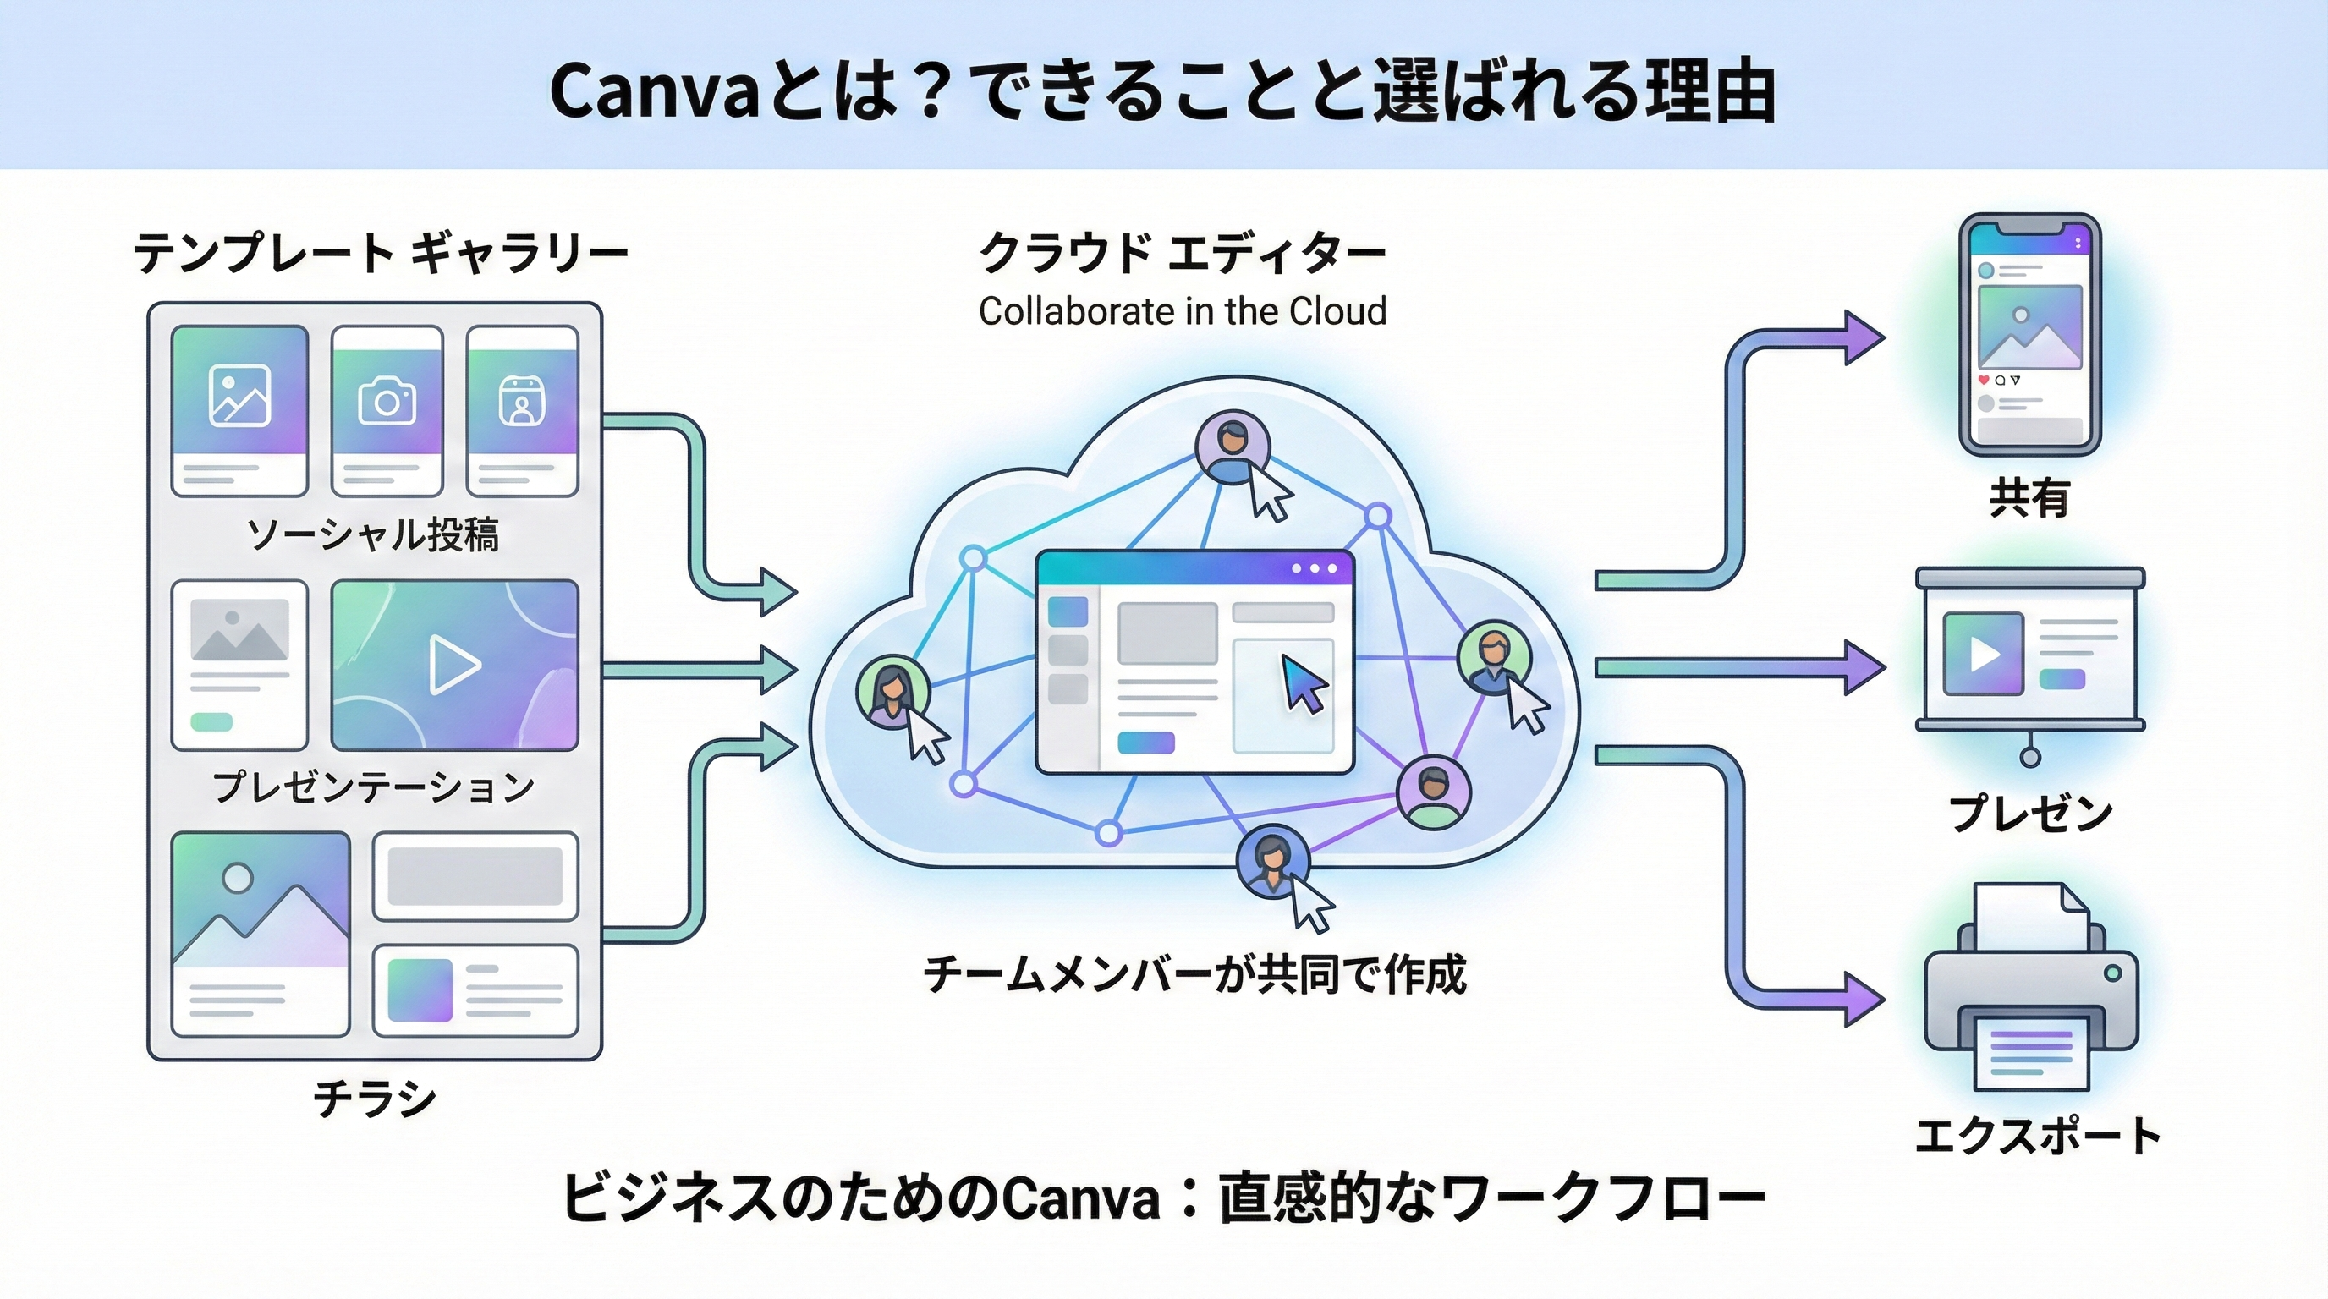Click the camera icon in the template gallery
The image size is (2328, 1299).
[387, 400]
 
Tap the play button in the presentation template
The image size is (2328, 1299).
[453, 665]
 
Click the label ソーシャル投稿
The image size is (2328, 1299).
[372, 534]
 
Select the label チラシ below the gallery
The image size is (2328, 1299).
[374, 1099]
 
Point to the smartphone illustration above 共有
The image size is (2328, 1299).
[2029, 334]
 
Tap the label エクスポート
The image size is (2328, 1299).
[2038, 1136]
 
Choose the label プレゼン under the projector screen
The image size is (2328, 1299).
[2029, 813]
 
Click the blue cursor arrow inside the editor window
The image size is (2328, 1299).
[1304, 684]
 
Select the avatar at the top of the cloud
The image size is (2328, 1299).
[1232, 447]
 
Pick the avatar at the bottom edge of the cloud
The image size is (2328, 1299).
[1272, 860]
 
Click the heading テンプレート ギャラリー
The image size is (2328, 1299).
[381, 252]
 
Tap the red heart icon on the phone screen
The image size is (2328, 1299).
[1984, 381]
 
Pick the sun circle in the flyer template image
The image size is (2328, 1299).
[238, 877]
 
